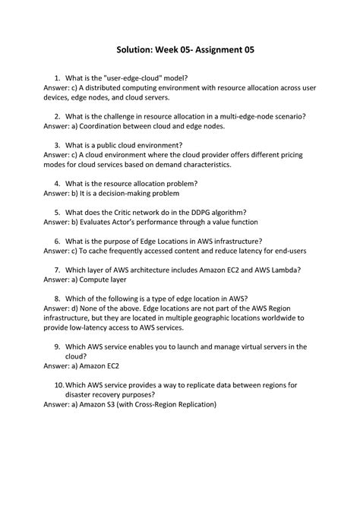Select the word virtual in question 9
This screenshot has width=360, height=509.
pyautogui.click(x=251, y=346)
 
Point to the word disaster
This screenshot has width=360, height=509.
pyautogui.click(x=83, y=395)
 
